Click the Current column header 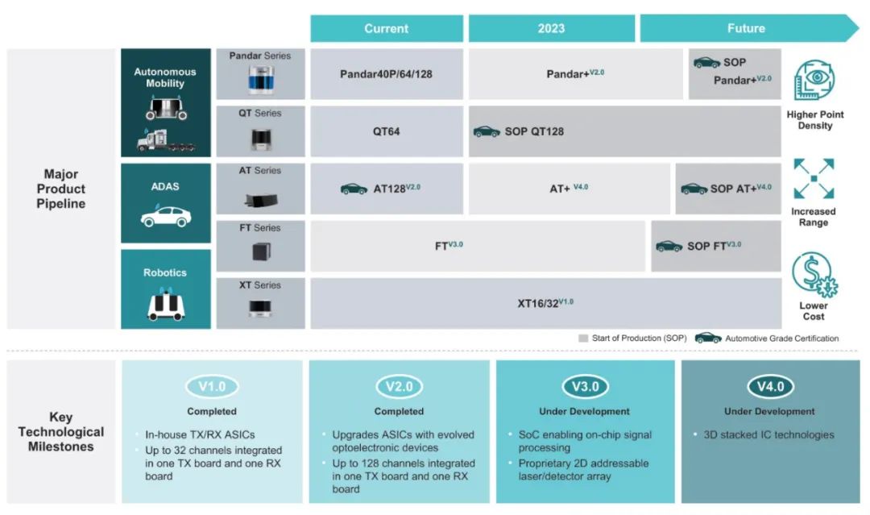pos(387,28)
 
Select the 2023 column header pos(551,28)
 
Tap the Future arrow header pos(746,28)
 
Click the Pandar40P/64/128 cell pos(387,73)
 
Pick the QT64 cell pos(387,131)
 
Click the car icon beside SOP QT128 pos(486,131)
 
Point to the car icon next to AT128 pos(354,189)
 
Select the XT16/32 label pos(545,304)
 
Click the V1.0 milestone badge pos(212,387)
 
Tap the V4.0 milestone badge pos(770,387)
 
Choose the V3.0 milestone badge pos(585,387)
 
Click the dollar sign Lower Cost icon pos(814,275)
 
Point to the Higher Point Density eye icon pos(814,81)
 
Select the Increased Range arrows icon pos(814,178)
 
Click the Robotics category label pos(165,272)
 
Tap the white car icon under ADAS pos(165,217)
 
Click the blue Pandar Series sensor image pos(260,80)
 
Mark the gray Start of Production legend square pos(583,338)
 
